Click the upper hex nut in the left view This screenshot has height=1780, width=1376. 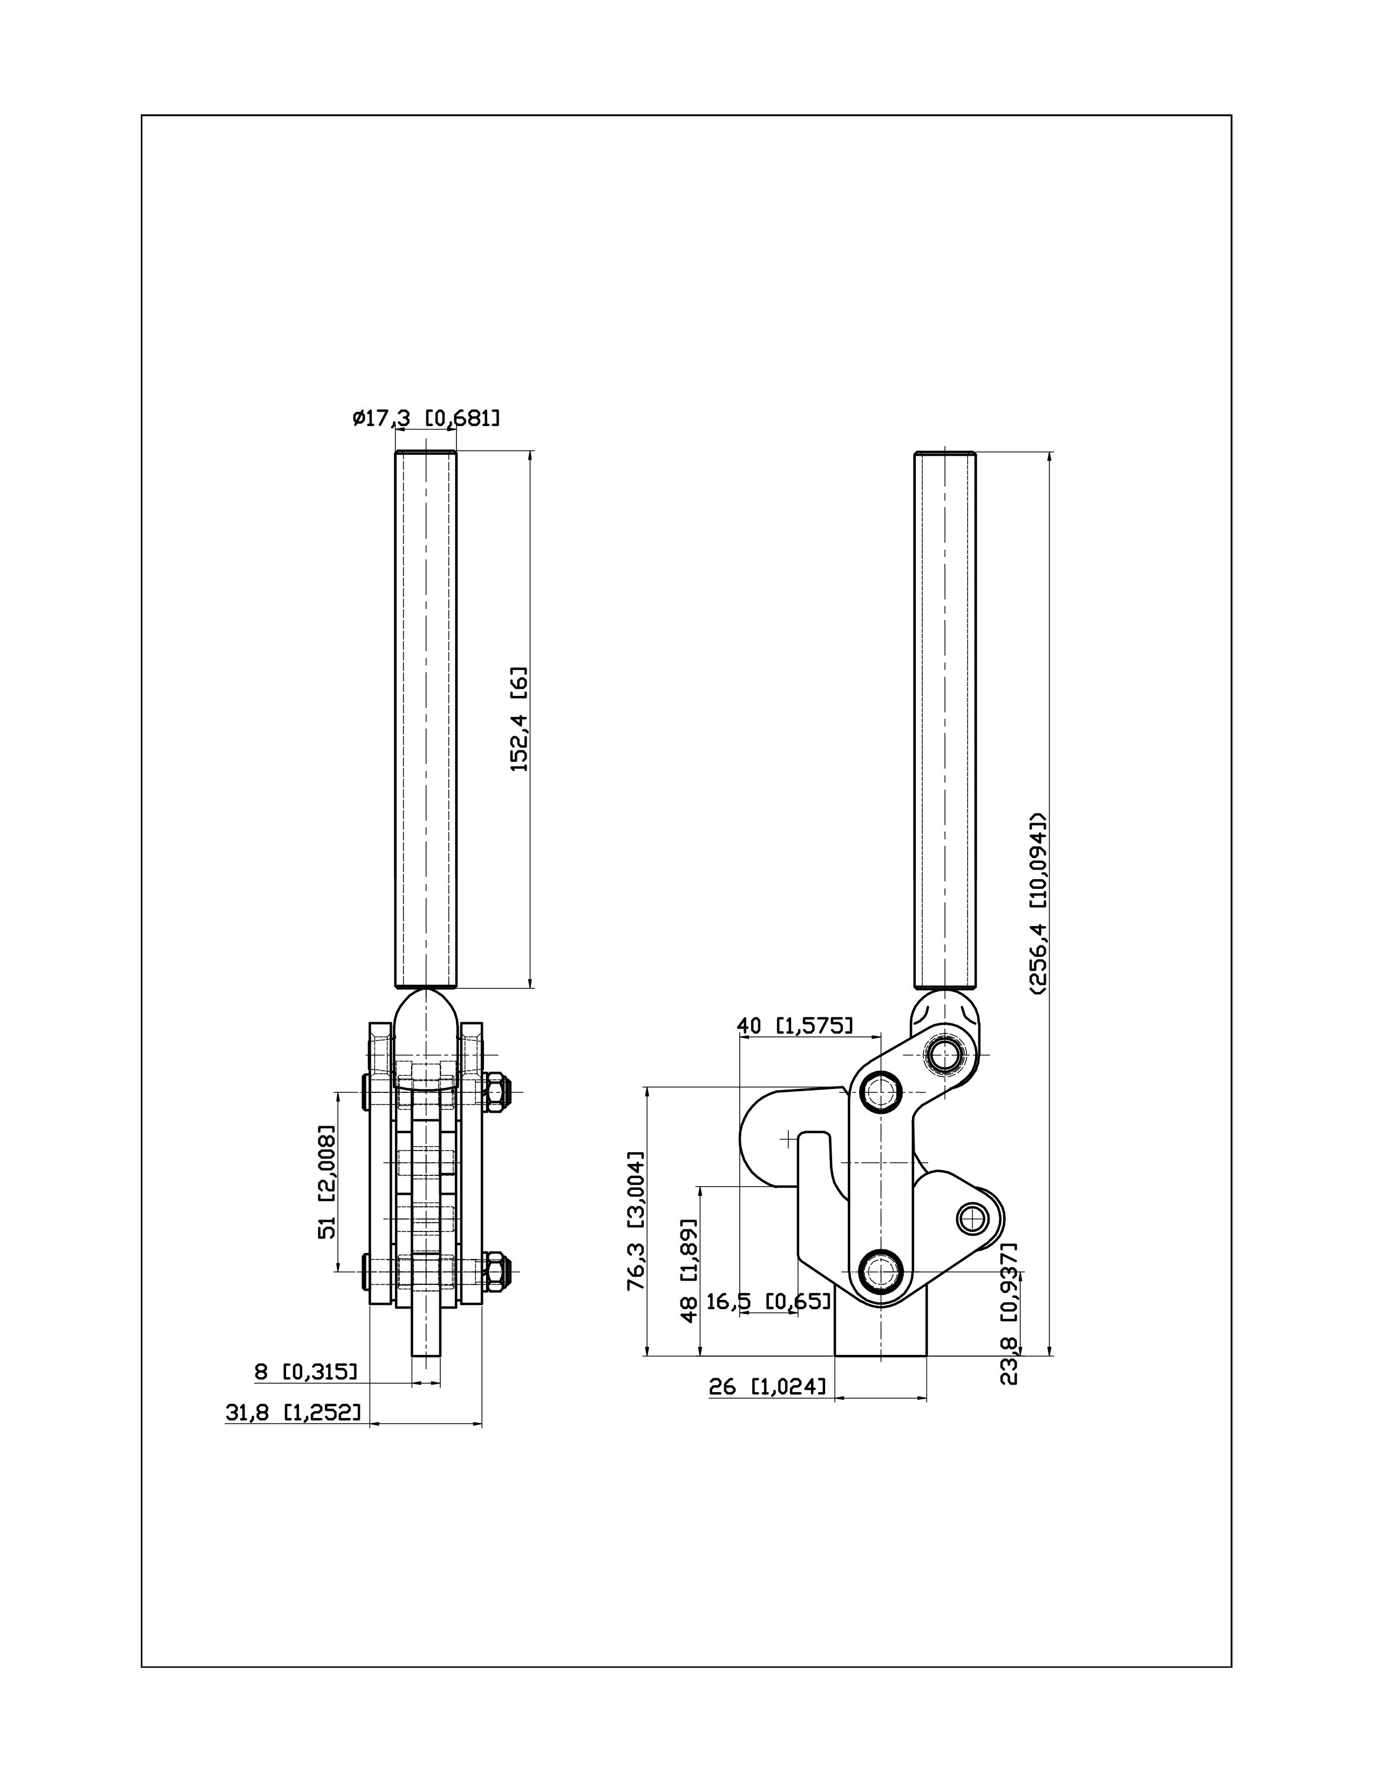click(496, 1092)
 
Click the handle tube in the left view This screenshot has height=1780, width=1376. click(426, 720)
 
